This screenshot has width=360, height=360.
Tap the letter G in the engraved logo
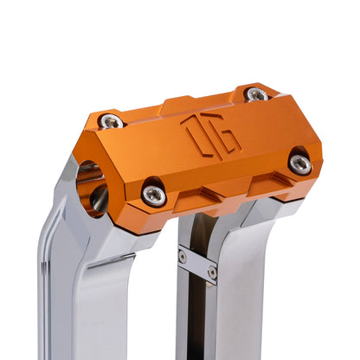tap(222, 139)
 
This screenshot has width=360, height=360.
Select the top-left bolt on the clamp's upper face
tap(110, 121)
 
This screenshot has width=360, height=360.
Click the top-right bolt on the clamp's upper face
tap(256, 93)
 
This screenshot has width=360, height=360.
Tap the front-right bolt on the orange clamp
tap(299, 163)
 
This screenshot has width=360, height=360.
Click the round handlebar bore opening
tap(90, 186)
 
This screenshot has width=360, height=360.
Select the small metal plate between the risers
tap(197, 263)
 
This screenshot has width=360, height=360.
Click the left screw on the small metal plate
tap(183, 256)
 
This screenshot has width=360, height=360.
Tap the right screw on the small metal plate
tap(212, 272)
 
